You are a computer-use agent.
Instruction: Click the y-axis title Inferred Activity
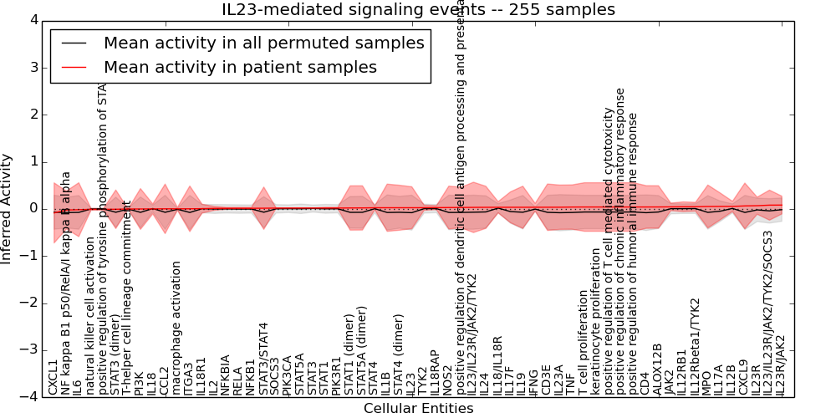(x=8, y=208)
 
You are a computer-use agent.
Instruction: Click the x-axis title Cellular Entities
(x=418, y=409)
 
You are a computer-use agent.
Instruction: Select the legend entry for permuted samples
(x=263, y=43)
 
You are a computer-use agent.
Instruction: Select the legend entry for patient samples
(x=240, y=67)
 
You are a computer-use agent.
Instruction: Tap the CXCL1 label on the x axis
(x=54, y=377)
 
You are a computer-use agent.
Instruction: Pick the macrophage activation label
(x=176, y=328)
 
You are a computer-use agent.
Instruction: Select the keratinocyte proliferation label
(x=595, y=321)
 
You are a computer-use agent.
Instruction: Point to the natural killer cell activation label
(x=90, y=316)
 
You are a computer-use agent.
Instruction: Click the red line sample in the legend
(x=74, y=68)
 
